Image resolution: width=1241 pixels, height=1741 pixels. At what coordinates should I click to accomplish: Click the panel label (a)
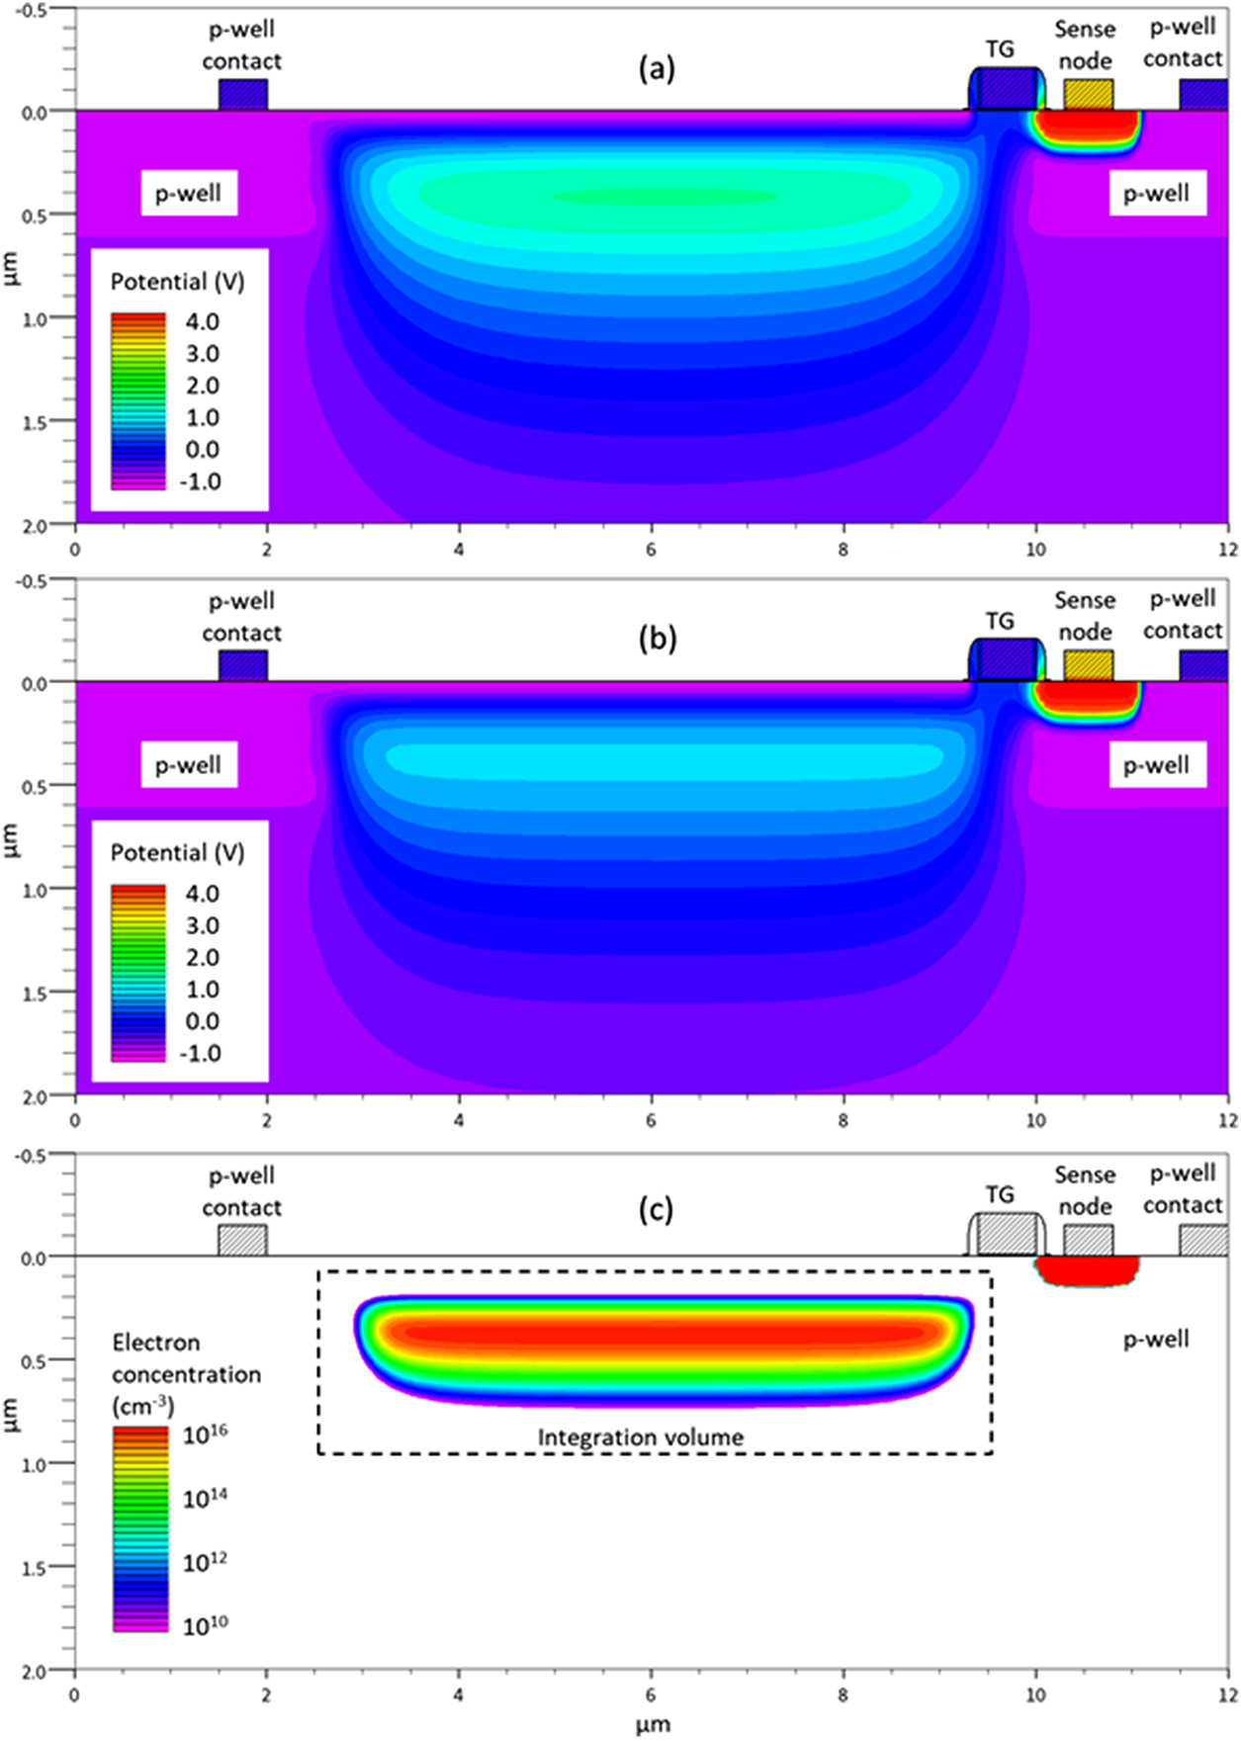point(657,68)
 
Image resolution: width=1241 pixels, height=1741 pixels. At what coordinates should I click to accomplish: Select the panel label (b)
point(657,639)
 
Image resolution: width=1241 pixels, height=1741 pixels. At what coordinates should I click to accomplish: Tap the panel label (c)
point(657,1209)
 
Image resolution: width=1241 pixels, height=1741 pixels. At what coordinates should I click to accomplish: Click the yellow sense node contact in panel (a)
point(1088,95)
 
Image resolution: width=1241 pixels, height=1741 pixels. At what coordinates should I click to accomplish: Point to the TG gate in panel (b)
point(1005,660)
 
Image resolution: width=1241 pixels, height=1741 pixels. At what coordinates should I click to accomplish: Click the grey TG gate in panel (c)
point(1005,1234)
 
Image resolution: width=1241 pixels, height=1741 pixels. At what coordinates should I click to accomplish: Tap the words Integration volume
point(640,1437)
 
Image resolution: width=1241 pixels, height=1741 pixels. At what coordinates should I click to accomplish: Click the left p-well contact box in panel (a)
point(242,95)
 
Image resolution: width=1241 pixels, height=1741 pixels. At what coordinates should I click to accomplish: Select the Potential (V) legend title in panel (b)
point(177,853)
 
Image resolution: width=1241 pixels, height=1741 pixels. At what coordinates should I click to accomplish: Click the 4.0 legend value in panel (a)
point(202,321)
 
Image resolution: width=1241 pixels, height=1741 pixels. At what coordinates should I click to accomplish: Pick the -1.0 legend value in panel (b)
point(201,1054)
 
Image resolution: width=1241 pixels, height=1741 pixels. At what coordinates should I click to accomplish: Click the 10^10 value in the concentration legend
point(205,1624)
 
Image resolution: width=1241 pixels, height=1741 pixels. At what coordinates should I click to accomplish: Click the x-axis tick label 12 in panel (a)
point(1227,550)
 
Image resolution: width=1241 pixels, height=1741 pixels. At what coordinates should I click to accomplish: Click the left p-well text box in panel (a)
point(188,194)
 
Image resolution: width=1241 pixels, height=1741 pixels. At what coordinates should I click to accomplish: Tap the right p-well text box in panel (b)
point(1156,765)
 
